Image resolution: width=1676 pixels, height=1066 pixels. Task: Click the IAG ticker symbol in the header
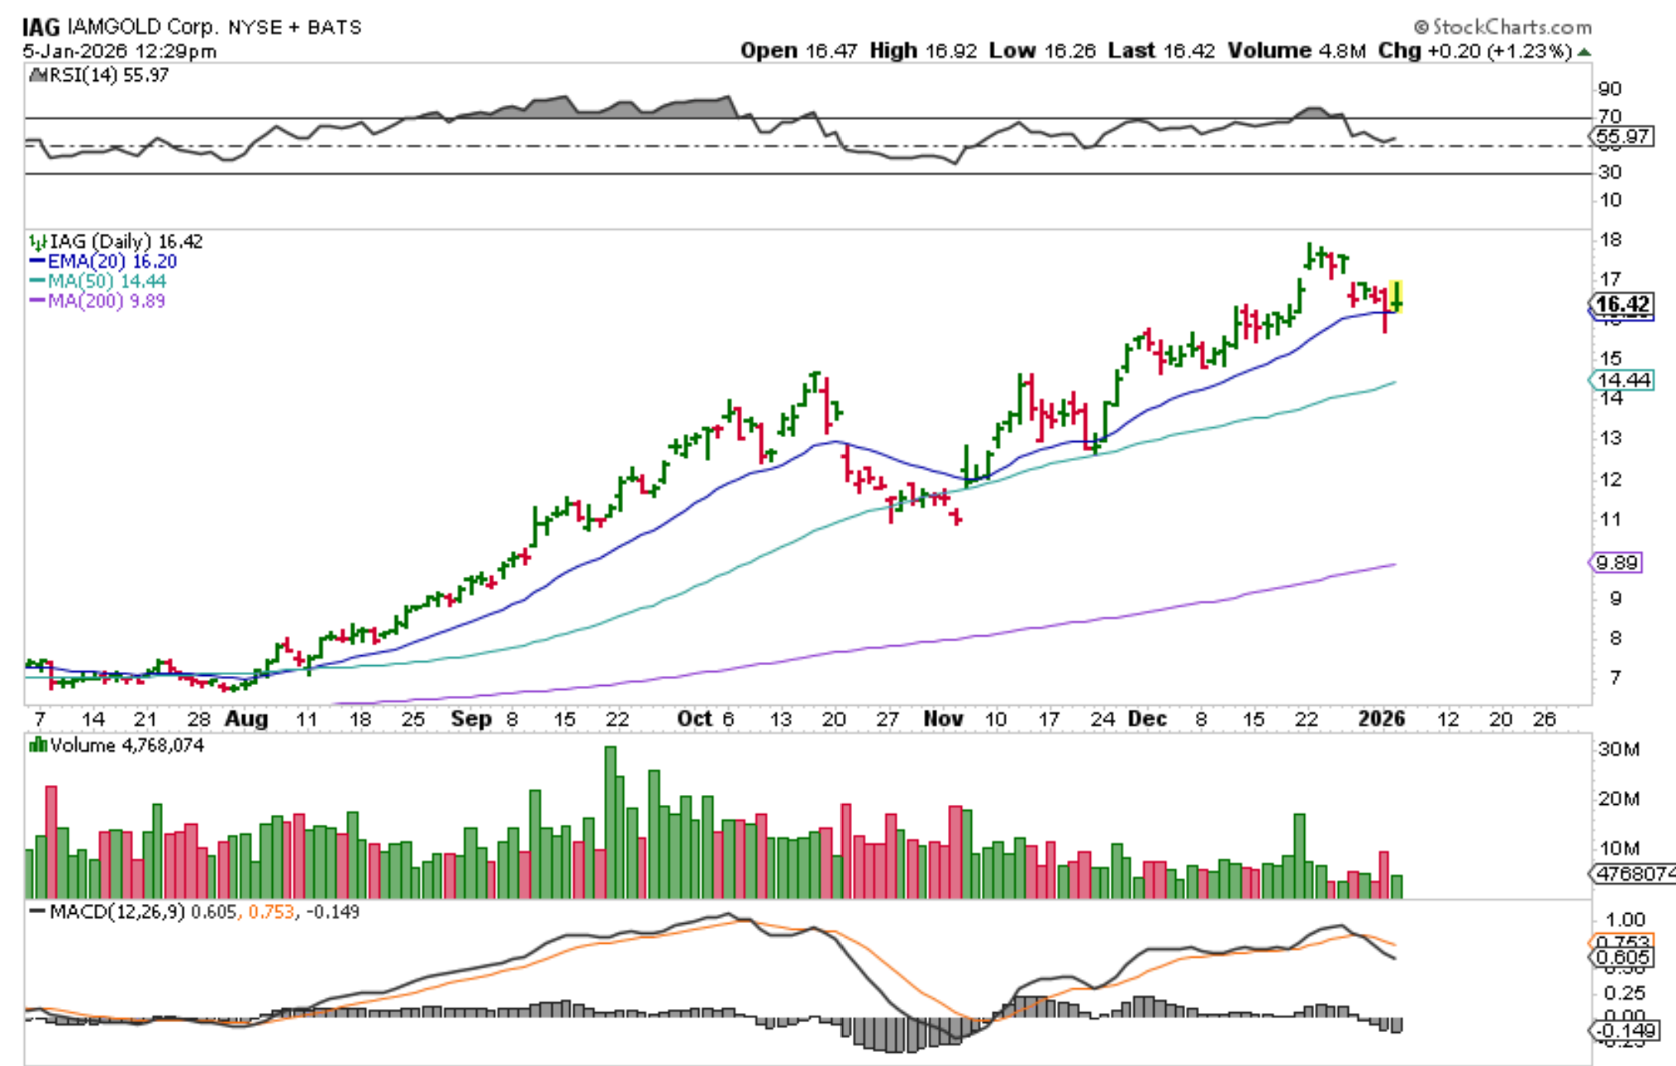point(40,26)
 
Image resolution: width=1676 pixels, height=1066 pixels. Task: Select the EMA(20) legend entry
point(104,261)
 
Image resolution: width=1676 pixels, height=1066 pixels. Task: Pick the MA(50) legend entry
point(98,281)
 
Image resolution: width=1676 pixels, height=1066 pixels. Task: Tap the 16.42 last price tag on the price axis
point(1622,304)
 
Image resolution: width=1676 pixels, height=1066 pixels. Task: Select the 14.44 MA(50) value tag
point(1622,380)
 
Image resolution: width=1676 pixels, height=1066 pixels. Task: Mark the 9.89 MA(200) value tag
point(1616,563)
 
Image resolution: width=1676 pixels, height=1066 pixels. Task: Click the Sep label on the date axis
point(471,719)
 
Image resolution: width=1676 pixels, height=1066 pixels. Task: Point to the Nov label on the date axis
point(943,719)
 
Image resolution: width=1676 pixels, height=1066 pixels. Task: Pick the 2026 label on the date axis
point(1381,719)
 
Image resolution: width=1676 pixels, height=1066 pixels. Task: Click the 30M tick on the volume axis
point(1618,750)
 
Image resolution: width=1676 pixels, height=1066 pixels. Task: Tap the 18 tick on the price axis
point(1611,240)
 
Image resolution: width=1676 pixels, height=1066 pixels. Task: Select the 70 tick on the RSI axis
point(1610,117)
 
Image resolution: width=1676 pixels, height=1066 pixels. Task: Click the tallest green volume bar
point(611,822)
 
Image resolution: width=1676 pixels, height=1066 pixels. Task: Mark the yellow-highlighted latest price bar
point(1397,297)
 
